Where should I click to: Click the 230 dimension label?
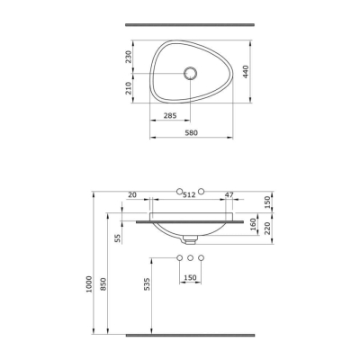pyautogui.click(x=129, y=57)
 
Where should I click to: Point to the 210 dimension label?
pyautogui.click(x=129, y=88)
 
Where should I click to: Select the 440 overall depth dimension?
pyautogui.click(x=246, y=72)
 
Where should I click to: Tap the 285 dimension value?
pyautogui.click(x=170, y=115)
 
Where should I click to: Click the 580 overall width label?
pyautogui.click(x=191, y=132)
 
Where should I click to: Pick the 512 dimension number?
pyautogui.click(x=189, y=194)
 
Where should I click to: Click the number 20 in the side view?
pyautogui.click(x=132, y=194)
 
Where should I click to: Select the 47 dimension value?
pyautogui.click(x=229, y=194)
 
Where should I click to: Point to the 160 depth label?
pyautogui.click(x=253, y=224)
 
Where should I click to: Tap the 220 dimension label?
pyautogui.click(x=267, y=229)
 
